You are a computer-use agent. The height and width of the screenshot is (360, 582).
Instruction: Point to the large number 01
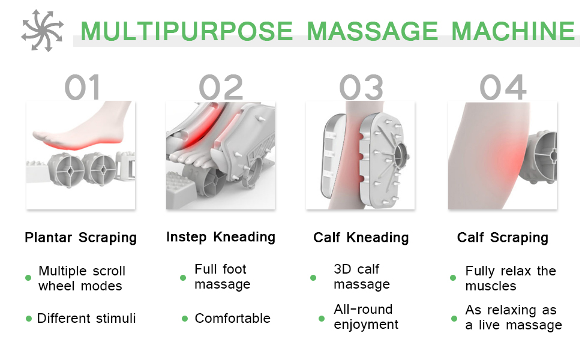pos(82,88)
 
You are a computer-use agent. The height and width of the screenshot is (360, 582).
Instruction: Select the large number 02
pos(221,88)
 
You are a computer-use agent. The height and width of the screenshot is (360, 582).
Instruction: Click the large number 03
pos(361,88)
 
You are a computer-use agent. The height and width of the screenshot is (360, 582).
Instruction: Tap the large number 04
pos(503,88)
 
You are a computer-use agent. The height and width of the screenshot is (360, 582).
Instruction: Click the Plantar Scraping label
pos(80,238)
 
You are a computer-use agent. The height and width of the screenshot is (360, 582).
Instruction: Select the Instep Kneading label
pos(221,237)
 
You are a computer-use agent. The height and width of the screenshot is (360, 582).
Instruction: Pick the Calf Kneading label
pos(361,238)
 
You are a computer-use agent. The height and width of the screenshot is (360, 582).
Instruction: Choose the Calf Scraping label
pos(503,238)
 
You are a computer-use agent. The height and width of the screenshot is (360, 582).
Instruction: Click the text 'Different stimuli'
pos(86,318)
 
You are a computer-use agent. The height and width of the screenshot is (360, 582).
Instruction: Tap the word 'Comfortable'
pos(233,318)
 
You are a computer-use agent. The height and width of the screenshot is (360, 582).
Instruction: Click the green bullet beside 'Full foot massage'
pos(183,277)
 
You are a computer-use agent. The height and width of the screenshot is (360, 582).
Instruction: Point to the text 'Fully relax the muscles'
pos(511,278)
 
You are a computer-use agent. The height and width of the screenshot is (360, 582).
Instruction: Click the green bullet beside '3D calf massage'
pos(313,277)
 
